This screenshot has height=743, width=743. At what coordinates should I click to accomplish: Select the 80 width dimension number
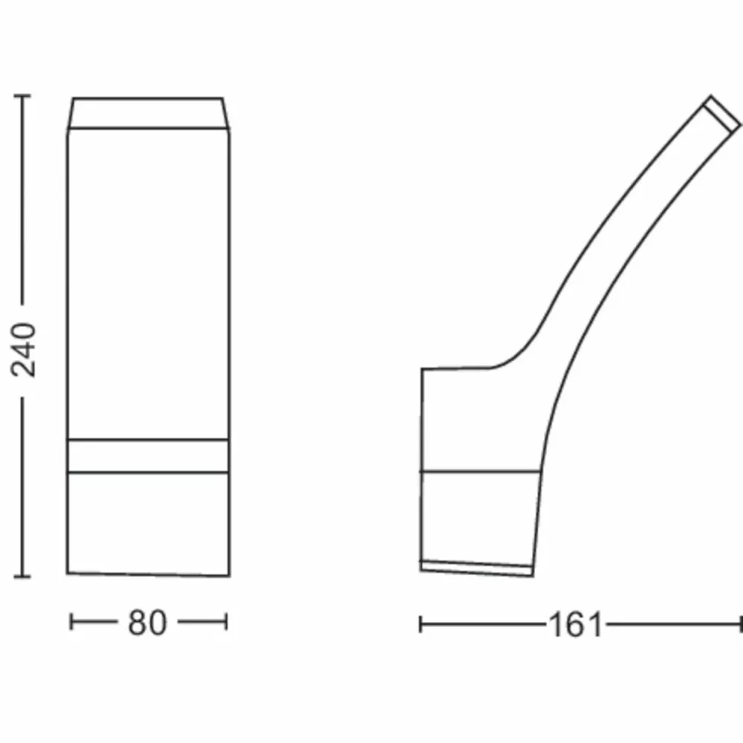(x=147, y=623)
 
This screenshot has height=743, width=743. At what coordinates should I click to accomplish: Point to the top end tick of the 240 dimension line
(x=22, y=97)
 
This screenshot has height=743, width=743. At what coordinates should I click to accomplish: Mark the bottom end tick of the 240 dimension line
(x=22, y=576)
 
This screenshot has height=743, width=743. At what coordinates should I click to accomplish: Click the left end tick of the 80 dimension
(x=71, y=622)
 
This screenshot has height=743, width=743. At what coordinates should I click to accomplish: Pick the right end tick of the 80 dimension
(x=227, y=622)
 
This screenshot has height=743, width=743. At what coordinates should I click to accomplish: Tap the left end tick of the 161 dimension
(x=421, y=625)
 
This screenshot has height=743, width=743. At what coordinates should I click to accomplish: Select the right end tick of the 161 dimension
(x=741, y=625)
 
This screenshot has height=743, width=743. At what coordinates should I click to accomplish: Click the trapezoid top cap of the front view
(x=149, y=113)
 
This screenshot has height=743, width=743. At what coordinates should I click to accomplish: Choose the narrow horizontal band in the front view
(x=149, y=455)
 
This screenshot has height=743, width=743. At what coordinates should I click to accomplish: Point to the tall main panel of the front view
(x=149, y=282)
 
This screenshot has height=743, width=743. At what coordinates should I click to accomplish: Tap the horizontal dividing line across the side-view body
(x=479, y=472)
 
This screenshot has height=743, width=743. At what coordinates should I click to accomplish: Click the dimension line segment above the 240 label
(x=22, y=201)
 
